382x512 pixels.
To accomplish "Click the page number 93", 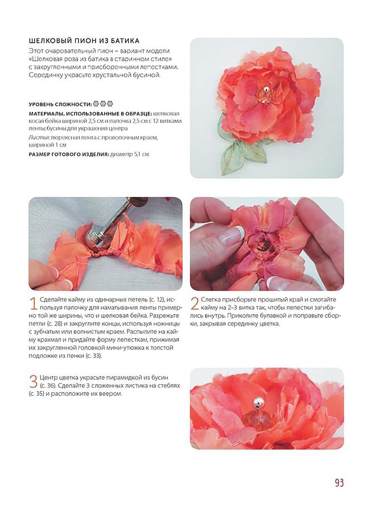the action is [339, 482].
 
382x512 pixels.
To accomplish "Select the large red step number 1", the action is [34, 303].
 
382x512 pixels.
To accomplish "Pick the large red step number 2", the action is [195, 303].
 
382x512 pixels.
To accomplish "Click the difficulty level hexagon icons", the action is [103, 104].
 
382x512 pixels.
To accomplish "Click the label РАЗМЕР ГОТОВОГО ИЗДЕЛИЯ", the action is [69, 154].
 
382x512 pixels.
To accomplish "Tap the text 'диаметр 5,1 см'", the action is [130, 154].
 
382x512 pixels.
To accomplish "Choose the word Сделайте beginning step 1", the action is [54, 299].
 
